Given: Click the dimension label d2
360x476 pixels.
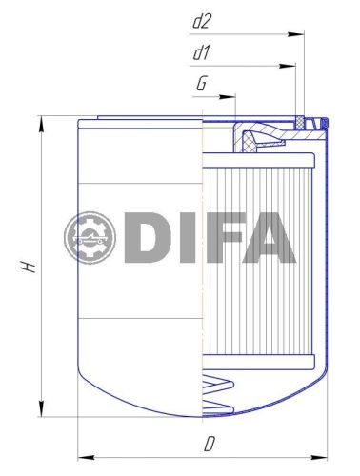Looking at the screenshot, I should pyautogui.click(x=201, y=18).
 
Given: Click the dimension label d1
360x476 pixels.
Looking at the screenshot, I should pyautogui.click(x=200, y=52).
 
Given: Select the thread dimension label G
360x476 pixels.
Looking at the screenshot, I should pyautogui.click(x=201, y=84).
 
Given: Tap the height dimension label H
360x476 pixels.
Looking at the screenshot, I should pyautogui.click(x=30, y=268).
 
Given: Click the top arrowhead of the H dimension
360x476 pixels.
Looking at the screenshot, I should pyautogui.click(x=40, y=122).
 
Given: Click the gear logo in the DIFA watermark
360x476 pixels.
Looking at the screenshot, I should pyautogui.click(x=91, y=238).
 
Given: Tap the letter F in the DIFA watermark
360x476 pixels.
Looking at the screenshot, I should pyautogui.click(x=223, y=238).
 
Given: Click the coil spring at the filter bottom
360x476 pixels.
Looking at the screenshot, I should pyautogui.click(x=217, y=392).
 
